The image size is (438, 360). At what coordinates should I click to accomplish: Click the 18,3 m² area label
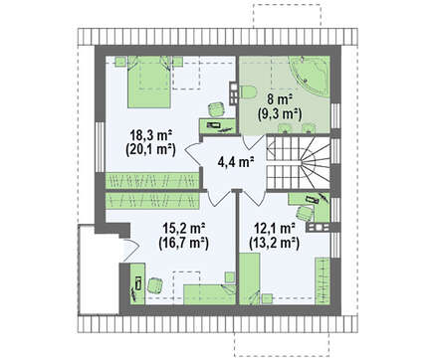(x=150, y=136)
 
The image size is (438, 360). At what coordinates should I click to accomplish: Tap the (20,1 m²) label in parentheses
(x=150, y=150)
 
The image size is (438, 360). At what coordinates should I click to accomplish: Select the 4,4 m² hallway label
(x=236, y=162)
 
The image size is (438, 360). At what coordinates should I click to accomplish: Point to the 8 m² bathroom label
(x=279, y=99)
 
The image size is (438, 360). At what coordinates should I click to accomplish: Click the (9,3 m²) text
(x=279, y=113)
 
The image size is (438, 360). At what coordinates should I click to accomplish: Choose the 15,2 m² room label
(x=183, y=229)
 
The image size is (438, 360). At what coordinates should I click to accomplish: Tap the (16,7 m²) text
(x=183, y=243)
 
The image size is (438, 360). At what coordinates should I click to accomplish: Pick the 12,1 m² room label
(x=275, y=229)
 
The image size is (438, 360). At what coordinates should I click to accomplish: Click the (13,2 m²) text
(x=275, y=243)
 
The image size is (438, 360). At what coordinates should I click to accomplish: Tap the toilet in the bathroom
(x=247, y=91)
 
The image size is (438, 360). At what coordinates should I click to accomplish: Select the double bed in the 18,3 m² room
(x=149, y=82)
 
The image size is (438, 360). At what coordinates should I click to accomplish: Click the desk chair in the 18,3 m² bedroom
(x=216, y=109)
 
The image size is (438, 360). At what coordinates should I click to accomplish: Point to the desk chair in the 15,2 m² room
(x=155, y=285)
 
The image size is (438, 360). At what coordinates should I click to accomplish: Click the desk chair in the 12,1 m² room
(x=306, y=213)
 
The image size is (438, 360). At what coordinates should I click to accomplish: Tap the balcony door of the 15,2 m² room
(x=131, y=250)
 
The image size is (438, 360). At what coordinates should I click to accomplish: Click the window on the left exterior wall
(x=100, y=147)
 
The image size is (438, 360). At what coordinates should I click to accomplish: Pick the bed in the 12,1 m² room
(x=249, y=278)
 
